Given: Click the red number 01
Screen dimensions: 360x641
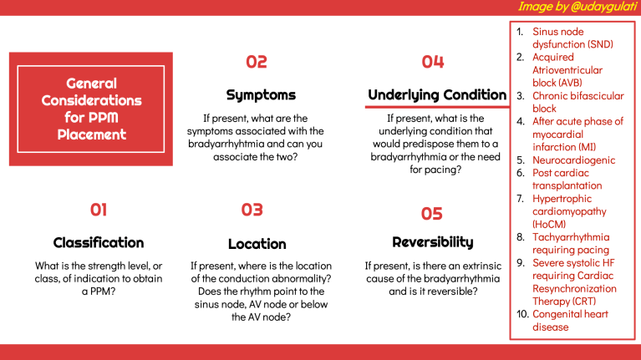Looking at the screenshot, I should [98, 210].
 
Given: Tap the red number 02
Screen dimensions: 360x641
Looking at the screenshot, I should [257, 61].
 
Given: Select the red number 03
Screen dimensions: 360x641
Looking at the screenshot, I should [252, 210].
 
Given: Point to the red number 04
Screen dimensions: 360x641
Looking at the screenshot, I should [432, 61].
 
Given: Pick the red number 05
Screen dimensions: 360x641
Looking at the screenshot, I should [431, 214].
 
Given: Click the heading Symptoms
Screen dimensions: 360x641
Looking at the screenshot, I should [261, 95].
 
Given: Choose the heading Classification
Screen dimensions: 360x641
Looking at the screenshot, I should [99, 243].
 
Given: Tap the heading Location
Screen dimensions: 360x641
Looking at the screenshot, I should [257, 244].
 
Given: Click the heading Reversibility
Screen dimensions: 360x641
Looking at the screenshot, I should [432, 242].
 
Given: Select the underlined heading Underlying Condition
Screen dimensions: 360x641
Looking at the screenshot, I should [437, 95].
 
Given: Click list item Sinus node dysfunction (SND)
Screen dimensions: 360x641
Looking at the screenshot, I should [569, 38].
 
